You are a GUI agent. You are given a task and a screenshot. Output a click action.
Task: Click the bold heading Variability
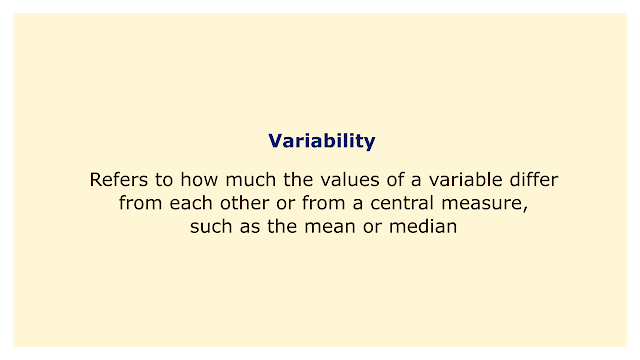322,141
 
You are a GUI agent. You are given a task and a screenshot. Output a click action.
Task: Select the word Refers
119,180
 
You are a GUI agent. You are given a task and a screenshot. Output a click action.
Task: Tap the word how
199,180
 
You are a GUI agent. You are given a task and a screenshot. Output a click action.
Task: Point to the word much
251,180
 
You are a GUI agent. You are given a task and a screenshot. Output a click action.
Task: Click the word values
350,180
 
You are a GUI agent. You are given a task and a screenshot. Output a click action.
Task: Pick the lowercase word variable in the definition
465,180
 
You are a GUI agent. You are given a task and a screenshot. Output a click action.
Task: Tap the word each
191,203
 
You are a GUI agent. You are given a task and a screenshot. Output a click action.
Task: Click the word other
244,203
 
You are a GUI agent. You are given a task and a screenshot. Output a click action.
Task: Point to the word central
402,203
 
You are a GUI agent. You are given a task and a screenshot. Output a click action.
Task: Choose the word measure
481,203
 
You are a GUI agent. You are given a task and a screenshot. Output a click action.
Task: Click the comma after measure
525,208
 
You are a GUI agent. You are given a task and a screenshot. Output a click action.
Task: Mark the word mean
330,227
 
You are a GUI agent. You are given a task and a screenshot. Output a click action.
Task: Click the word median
423,227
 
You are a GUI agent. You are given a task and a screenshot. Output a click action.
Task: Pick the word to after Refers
164,180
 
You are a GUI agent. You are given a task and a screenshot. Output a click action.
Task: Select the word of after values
396,180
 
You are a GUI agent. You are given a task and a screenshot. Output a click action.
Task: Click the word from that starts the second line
140,203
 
